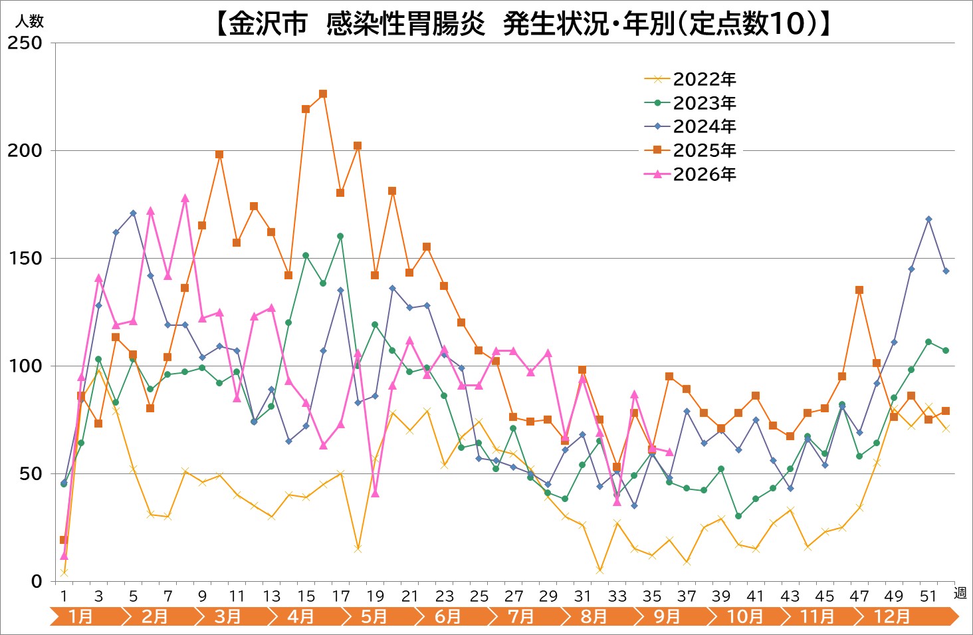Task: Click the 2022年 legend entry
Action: (691, 79)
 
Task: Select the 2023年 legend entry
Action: (691, 103)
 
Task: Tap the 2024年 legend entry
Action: (691, 126)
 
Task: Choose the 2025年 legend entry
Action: (691, 150)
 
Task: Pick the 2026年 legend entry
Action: (691, 174)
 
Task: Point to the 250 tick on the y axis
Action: (25, 43)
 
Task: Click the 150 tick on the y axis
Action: (25, 258)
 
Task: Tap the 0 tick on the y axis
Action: (37, 581)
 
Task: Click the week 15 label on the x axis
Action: (306, 596)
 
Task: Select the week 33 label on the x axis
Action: (617, 596)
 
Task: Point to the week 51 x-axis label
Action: (928, 596)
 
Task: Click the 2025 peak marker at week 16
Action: (323, 94)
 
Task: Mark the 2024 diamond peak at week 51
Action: (928, 219)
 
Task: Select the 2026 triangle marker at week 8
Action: (185, 198)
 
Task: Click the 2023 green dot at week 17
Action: (340, 237)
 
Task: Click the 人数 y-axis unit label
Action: (29, 21)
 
